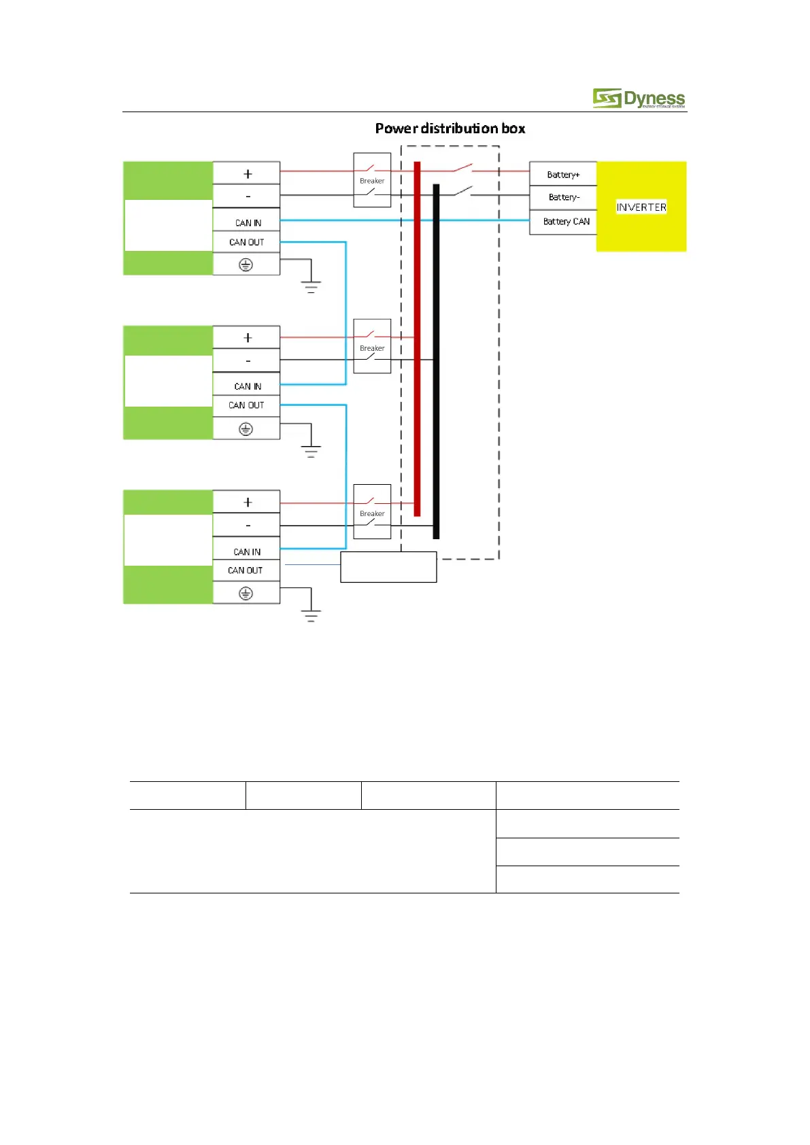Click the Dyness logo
639,99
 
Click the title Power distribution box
450,129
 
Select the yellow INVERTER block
641,207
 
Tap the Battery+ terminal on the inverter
563,174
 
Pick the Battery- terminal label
563,197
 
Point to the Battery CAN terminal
566,222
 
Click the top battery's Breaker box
372,180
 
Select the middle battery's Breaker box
372,347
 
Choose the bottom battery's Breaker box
372,512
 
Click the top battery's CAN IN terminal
247,222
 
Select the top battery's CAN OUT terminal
246,242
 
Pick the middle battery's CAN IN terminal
247,386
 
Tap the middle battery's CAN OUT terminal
246,405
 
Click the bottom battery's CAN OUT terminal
246,570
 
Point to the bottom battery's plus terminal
247,502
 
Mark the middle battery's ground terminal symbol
246,429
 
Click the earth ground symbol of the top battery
311,285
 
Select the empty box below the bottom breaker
388,567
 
